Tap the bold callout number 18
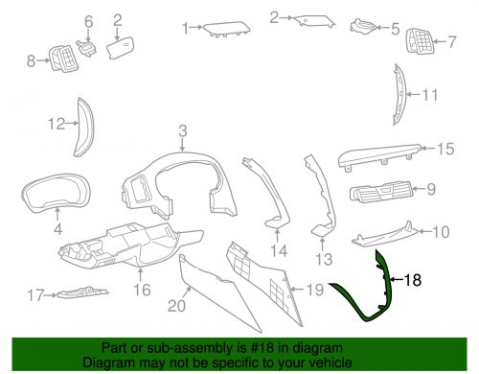413,280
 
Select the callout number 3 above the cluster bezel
182,130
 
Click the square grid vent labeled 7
420,41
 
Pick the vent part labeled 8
63,58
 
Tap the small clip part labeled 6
86,48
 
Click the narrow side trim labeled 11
399,93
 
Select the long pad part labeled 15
380,155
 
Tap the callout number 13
324,259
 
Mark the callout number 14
279,251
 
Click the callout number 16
142,290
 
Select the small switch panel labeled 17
82,292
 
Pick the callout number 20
176,306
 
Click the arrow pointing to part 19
296,290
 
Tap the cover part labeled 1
227,29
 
